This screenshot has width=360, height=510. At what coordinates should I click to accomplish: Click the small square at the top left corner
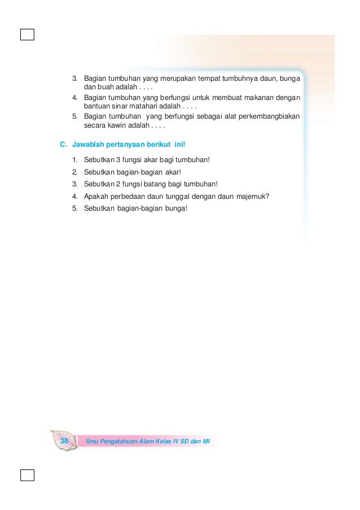pyautogui.click(x=27, y=35)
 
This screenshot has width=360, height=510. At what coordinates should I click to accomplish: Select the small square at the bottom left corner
pyautogui.click(x=27, y=474)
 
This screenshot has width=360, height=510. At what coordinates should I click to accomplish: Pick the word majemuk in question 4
pyautogui.click(x=252, y=196)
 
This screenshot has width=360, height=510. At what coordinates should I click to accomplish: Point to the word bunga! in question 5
pyautogui.click(x=175, y=208)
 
